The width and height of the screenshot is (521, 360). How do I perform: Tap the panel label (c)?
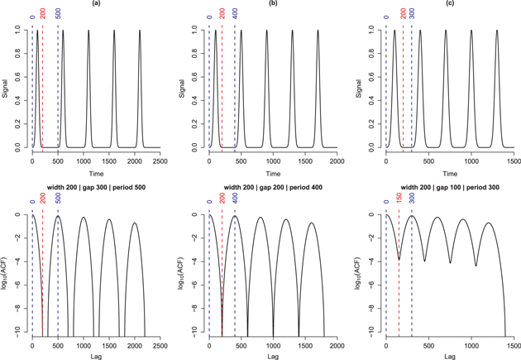pos(442,3)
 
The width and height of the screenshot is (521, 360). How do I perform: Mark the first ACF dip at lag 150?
pos(399,259)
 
